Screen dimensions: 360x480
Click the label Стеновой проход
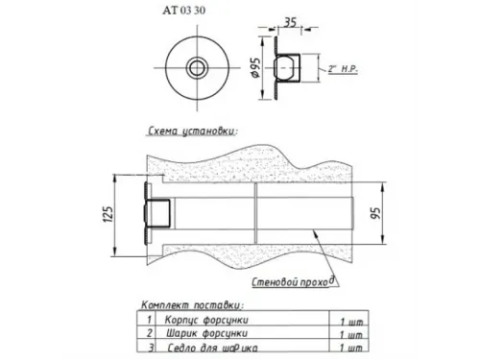293,281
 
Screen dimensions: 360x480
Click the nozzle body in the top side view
289,68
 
